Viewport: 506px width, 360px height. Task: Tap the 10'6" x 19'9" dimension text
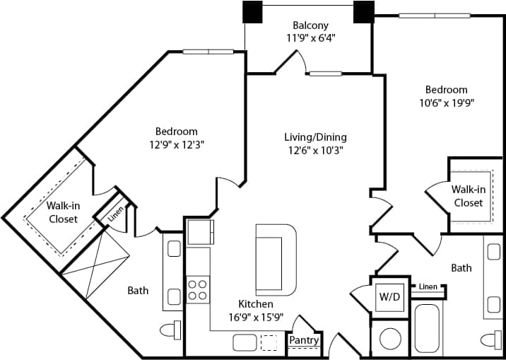coord(445,103)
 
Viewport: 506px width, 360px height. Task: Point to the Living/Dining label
coord(315,137)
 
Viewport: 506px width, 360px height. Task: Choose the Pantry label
coord(304,341)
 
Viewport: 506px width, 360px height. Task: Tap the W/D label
coord(389,296)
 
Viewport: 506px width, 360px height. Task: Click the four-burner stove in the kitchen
coord(197,290)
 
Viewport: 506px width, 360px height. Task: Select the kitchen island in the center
coord(276,260)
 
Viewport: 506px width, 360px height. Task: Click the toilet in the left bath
coord(170,330)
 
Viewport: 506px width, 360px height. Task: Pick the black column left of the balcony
coord(252,12)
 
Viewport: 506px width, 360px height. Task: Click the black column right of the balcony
coord(363,12)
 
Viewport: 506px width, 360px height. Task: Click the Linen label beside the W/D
coord(428,286)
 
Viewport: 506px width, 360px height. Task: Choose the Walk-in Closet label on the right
coord(468,196)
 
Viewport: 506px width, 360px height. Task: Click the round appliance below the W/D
coord(389,339)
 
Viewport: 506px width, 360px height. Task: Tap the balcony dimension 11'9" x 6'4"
coord(310,39)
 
